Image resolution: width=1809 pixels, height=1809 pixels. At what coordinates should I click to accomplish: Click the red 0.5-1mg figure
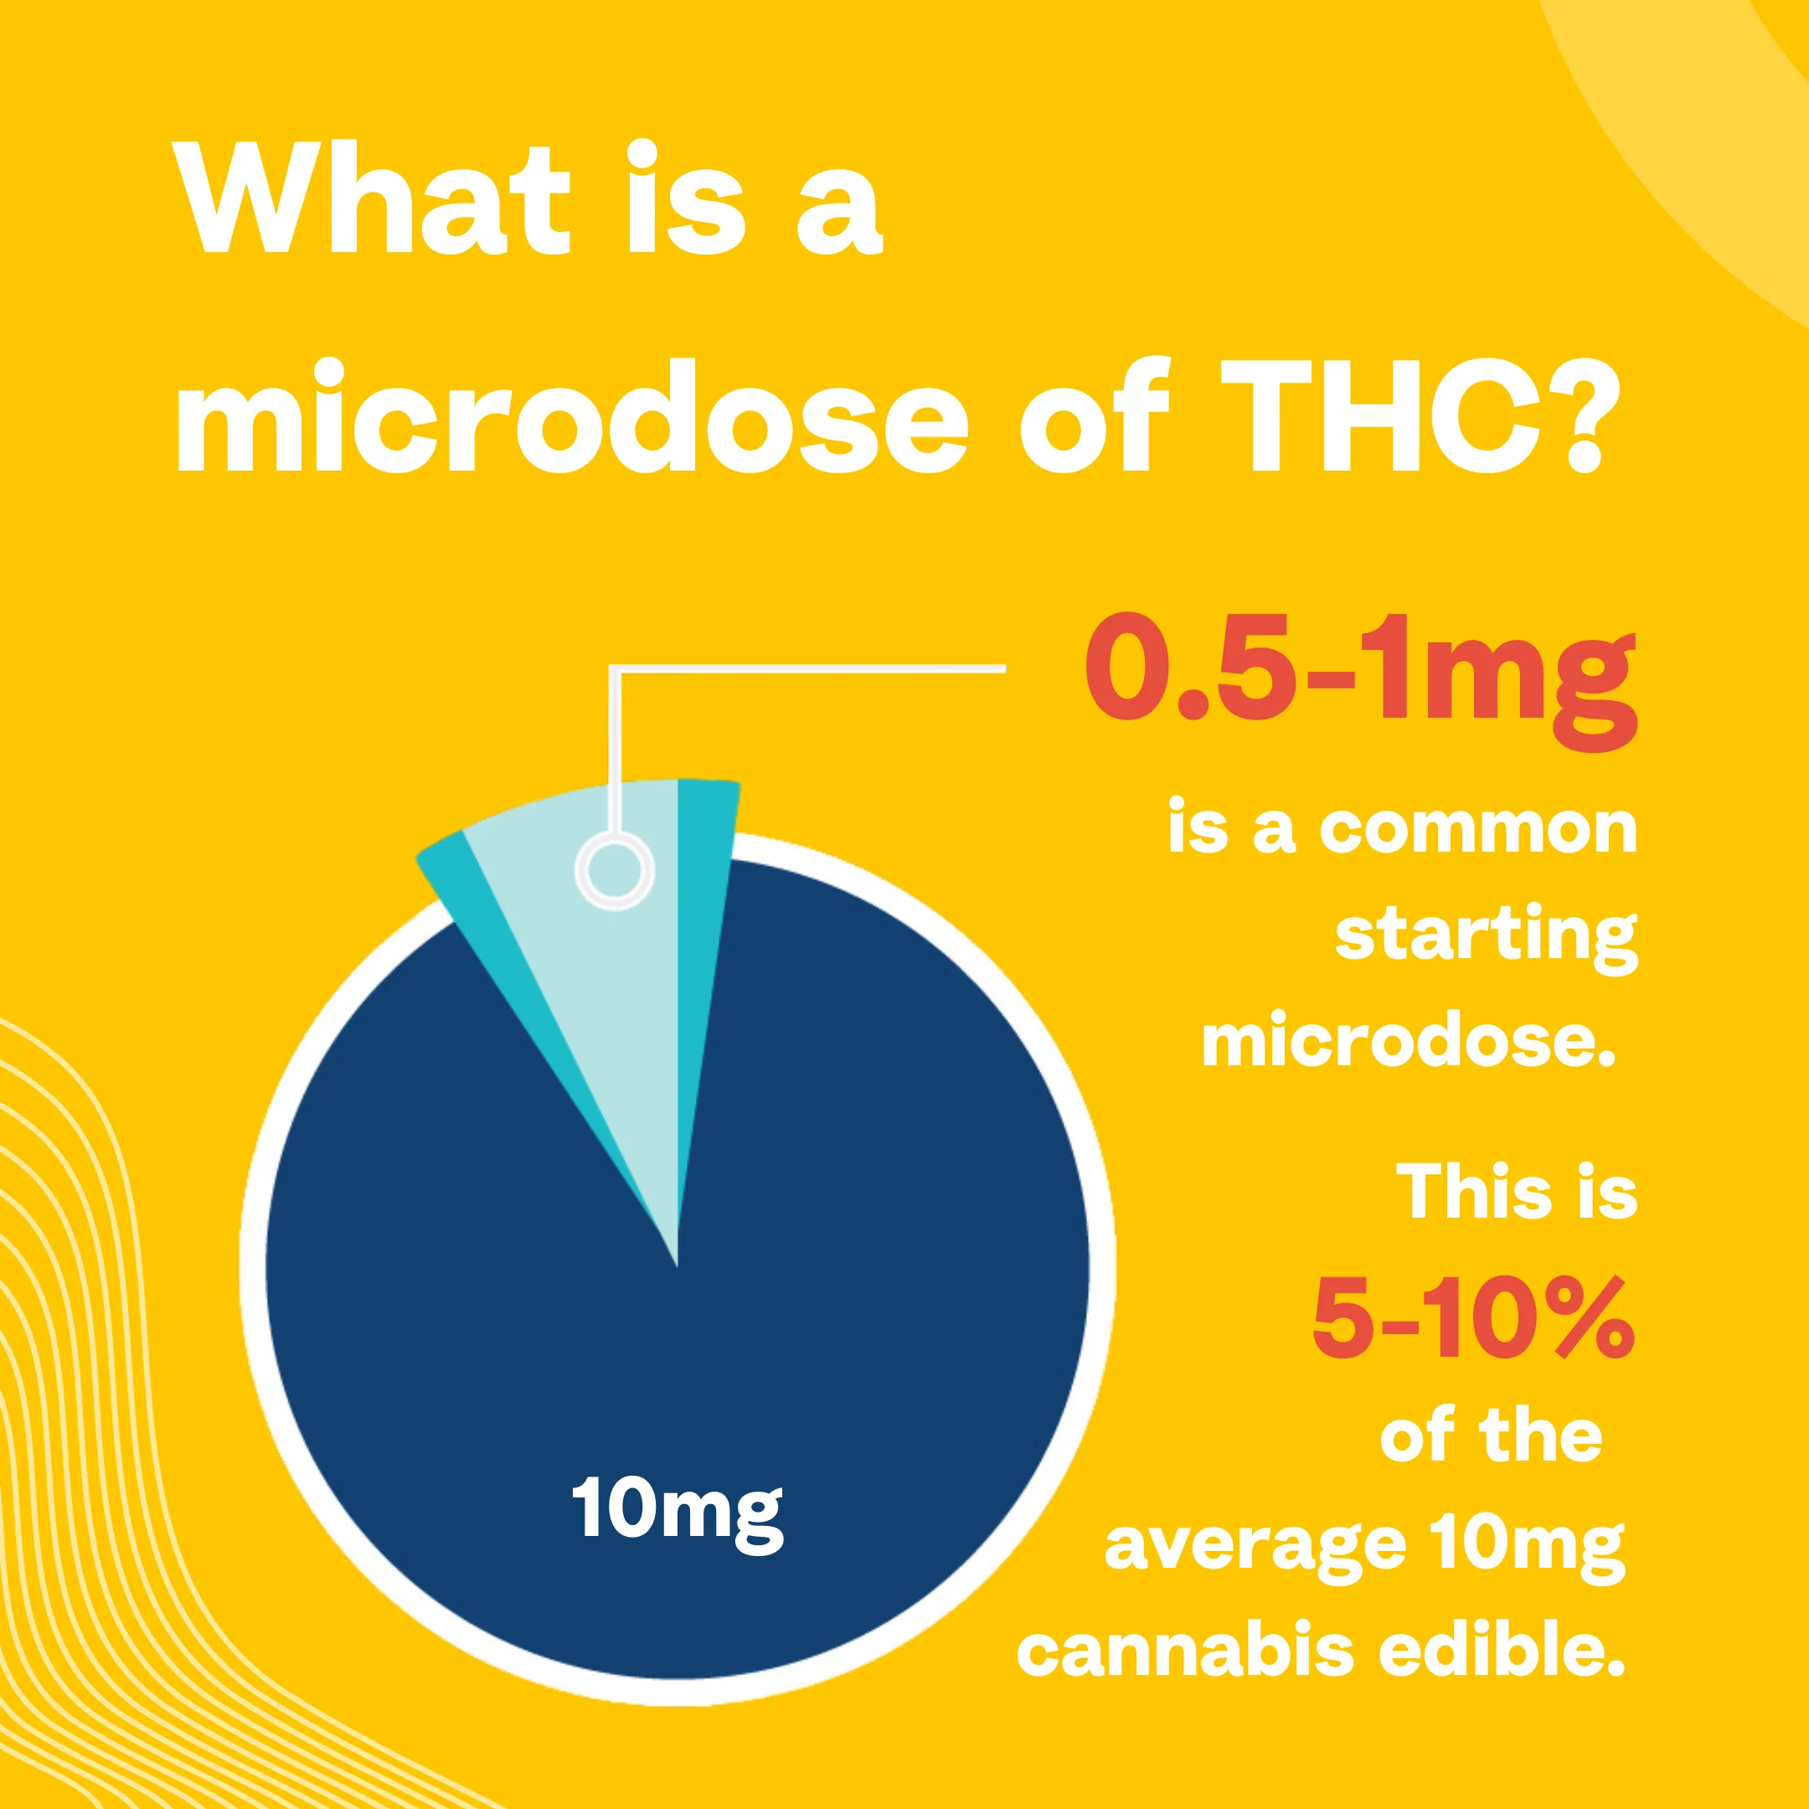[x=1360, y=681]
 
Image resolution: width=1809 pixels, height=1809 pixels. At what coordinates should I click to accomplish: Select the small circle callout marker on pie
[x=614, y=870]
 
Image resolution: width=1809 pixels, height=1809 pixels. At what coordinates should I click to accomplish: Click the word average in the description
[x=1255, y=1549]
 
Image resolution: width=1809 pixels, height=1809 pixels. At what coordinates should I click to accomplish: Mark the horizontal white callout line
[x=807, y=668]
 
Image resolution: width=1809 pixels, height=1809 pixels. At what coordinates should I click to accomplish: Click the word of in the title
[x=1094, y=414]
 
